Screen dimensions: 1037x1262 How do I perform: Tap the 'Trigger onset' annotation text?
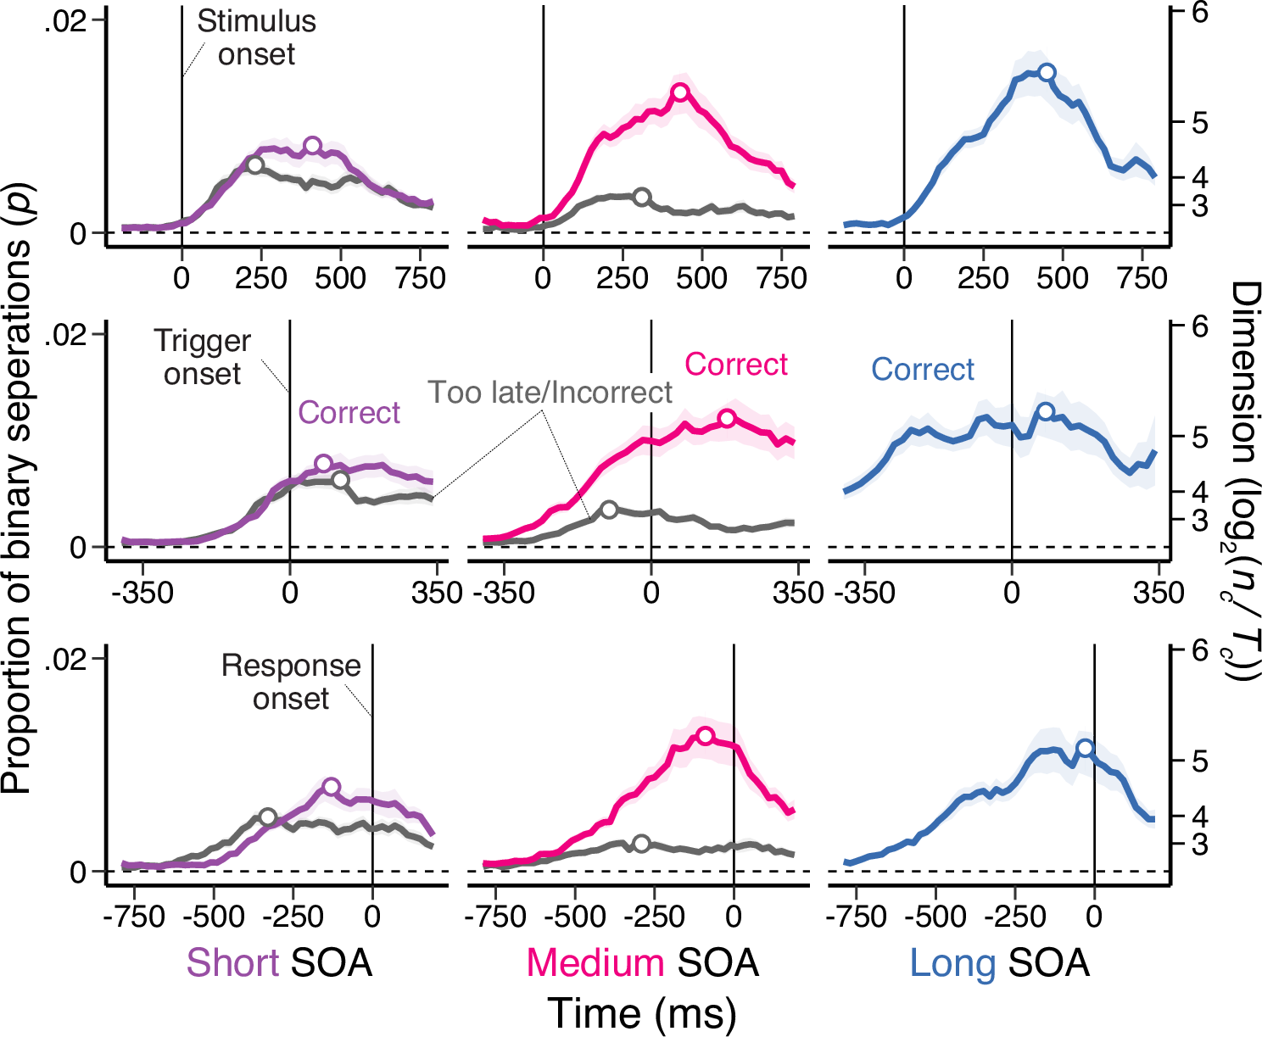click(x=203, y=357)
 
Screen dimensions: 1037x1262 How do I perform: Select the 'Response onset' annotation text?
click(x=291, y=682)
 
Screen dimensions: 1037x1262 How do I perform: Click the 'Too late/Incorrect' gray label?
click(x=550, y=393)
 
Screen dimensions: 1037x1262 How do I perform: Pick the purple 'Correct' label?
click(x=349, y=413)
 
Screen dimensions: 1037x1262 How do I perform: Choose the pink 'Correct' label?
click(x=736, y=365)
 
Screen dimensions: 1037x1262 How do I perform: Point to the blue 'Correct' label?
click(x=923, y=370)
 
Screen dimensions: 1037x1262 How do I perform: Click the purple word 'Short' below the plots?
click(x=232, y=963)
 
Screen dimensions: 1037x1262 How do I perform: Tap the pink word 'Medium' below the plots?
click(x=595, y=963)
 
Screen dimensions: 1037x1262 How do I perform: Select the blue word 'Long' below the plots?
click(x=952, y=963)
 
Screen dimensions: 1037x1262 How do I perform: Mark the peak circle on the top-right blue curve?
click(x=1047, y=72)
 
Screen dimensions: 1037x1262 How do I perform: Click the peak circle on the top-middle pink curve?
click(x=680, y=92)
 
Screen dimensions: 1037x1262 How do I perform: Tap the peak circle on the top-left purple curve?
click(x=312, y=145)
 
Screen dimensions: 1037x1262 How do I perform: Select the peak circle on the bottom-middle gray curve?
click(x=642, y=844)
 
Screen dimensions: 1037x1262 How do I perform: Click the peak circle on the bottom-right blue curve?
click(x=1085, y=748)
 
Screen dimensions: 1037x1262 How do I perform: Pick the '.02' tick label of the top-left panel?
click(x=66, y=22)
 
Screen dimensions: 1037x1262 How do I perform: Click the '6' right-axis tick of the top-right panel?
click(x=1200, y=13)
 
